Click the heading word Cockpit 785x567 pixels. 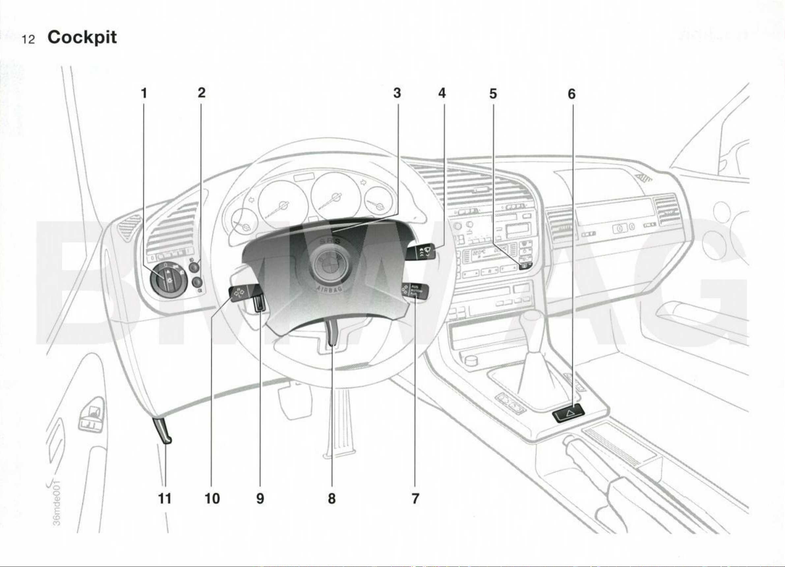82,38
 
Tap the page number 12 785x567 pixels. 28,40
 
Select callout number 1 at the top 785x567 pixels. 144,93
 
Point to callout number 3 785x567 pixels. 397,93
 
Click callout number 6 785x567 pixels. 571,94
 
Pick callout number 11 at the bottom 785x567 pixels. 164,498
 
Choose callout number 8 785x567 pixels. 332,498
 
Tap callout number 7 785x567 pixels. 415,498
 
